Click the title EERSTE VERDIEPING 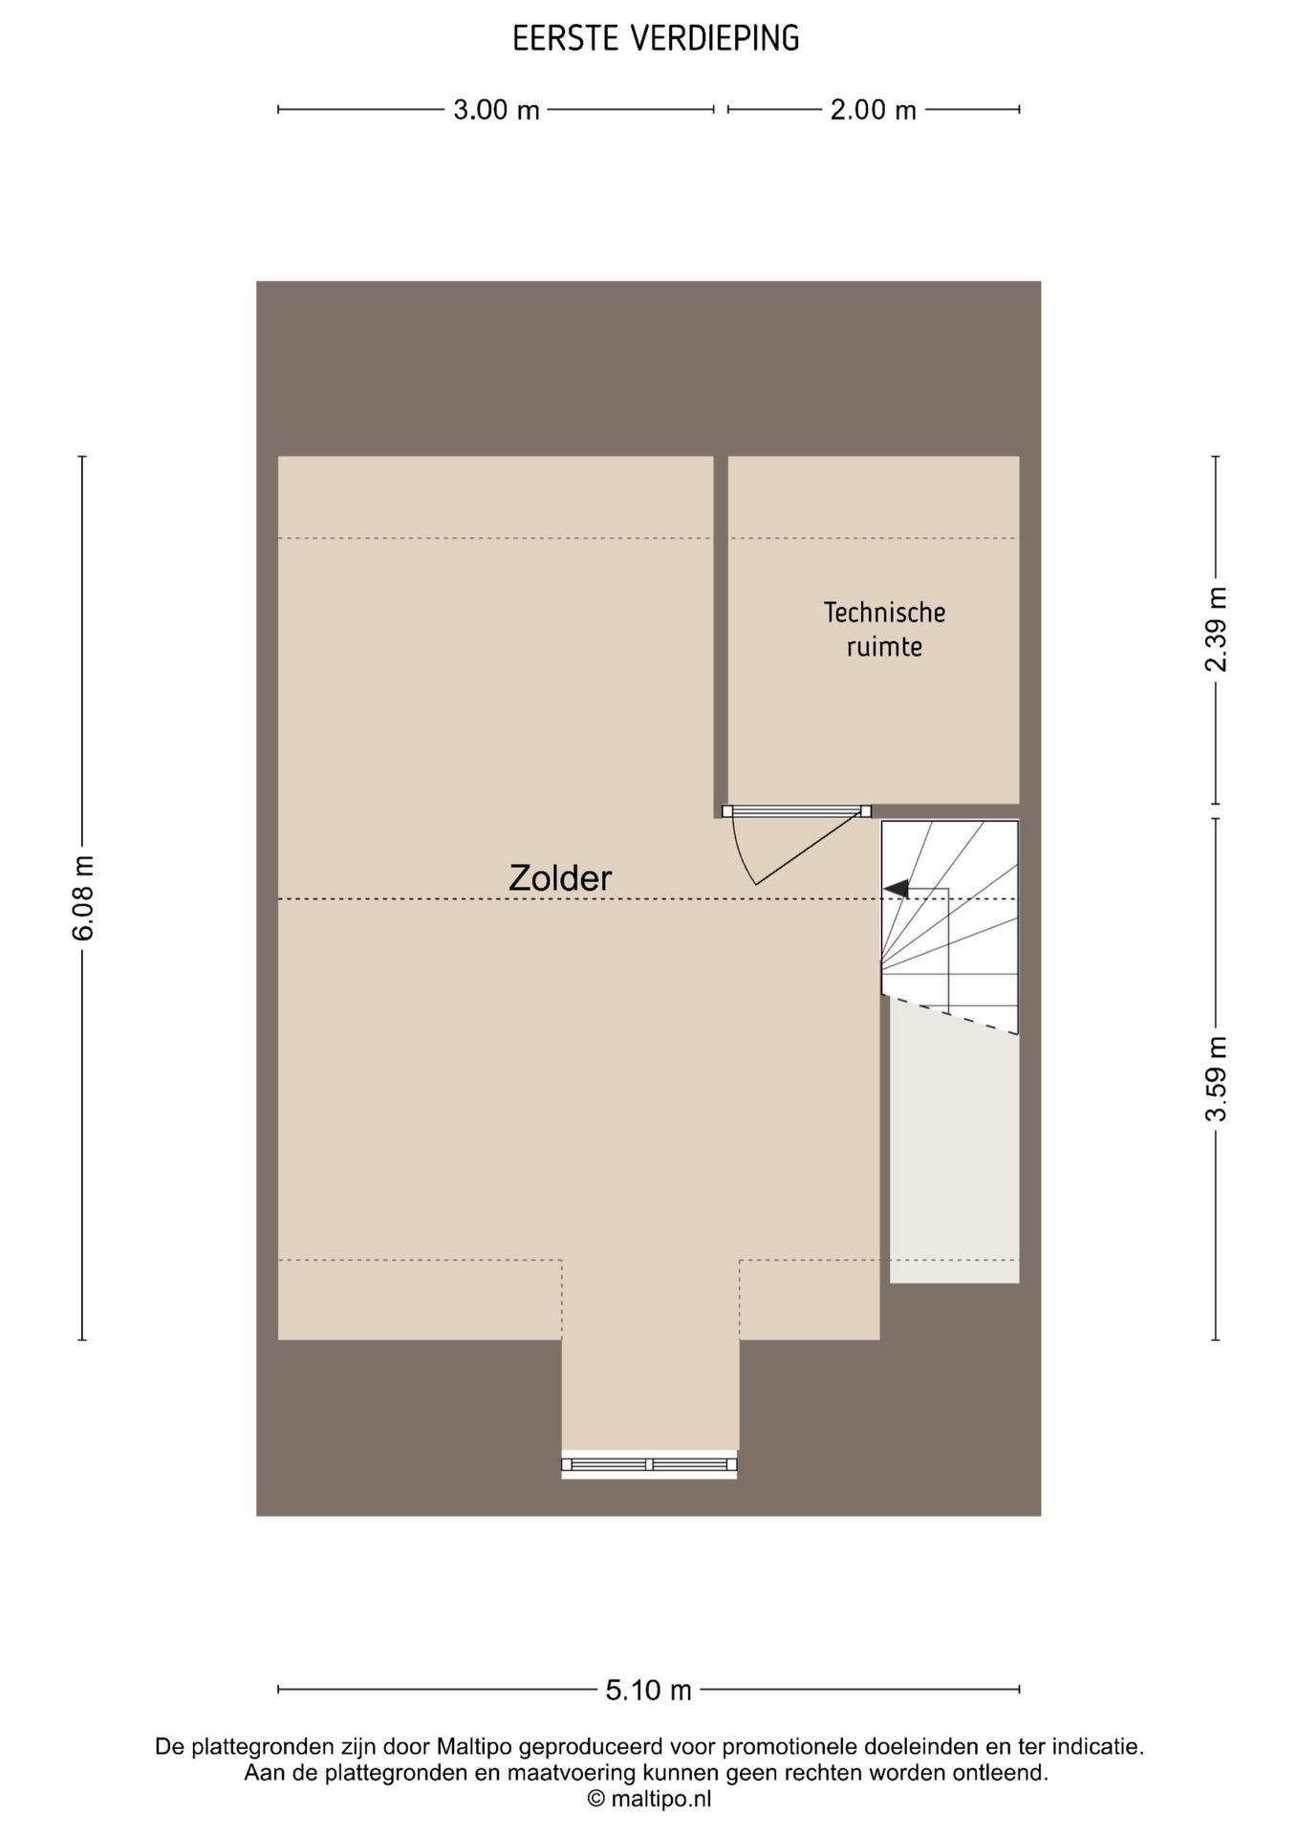656,38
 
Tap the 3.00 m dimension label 496,110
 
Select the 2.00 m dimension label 873,110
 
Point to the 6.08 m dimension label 83,897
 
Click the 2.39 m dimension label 1216,629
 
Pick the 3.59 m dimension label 1216,1079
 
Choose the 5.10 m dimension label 648,1690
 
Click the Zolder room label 560,877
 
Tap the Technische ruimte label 885,629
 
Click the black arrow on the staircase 896,889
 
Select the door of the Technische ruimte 796,845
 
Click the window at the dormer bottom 649,1464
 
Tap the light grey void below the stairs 954,1156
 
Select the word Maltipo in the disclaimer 474,1747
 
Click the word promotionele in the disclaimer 783,1747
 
